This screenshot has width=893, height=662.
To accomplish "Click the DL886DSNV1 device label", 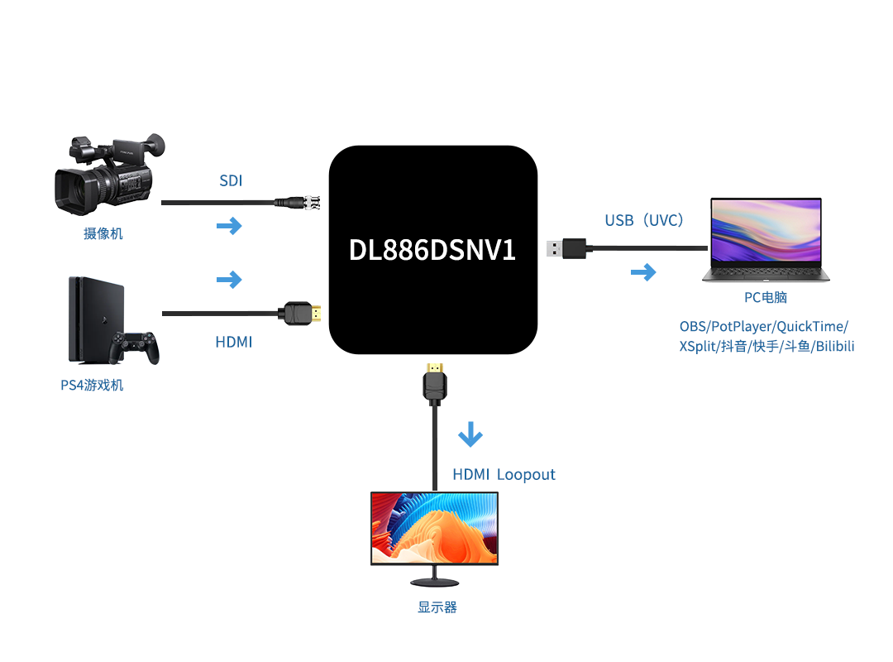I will pos(432,250).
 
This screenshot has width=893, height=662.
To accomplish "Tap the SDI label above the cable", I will pos(231,180).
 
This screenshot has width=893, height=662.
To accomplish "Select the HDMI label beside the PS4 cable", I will pos(234,341).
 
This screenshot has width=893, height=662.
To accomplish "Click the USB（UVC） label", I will pos(644,220).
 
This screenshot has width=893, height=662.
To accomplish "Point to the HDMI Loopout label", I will pos(504,475).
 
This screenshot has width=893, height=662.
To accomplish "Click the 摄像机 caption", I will pos(103,233).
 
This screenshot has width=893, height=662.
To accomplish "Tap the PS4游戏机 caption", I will pos(92,385).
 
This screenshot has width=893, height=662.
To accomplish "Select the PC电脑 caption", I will pos(765,298).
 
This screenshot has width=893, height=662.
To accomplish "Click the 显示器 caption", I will pos(437,607).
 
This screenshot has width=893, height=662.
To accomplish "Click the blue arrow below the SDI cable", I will pos(229,225).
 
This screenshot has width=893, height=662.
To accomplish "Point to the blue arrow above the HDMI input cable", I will pos(229,280).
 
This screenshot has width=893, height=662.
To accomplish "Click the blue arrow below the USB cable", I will pos(642,272).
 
